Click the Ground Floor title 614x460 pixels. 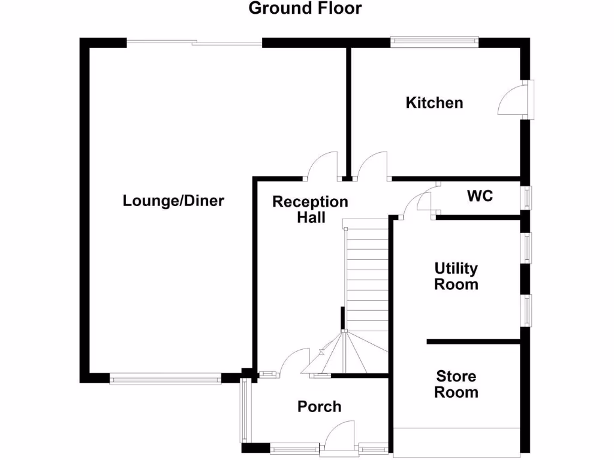point(305,8)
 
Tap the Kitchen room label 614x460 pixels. point(435,102)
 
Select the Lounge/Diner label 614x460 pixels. point(173,200)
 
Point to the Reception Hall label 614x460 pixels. point(310,209)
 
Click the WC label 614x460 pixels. point(480,195)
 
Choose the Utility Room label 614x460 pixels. point(456,276)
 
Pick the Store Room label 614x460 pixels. point(456,385)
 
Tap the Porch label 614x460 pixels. point(320,407)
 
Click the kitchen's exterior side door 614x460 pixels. point(515,100)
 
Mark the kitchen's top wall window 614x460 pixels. point(435,42)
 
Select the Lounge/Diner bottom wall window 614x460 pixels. point(165,378)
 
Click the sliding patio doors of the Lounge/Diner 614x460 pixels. point(194,43)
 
